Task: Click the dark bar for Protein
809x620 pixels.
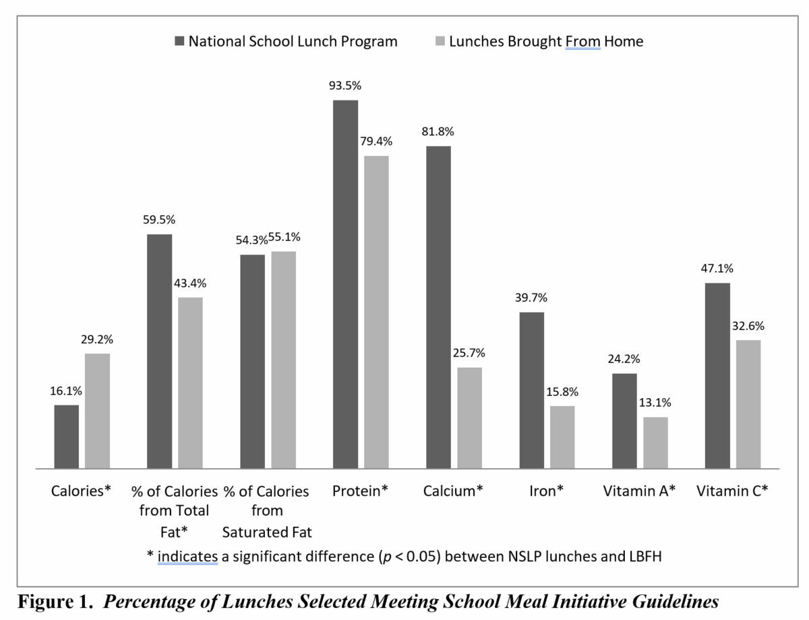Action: click(345, 284)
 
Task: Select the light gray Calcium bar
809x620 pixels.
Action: click(469, 418)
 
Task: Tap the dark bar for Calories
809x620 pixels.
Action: click(66, 436)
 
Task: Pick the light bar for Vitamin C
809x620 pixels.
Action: click(748, 404)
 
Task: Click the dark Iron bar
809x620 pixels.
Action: click(531, 390)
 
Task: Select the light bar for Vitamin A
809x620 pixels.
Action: click(655, 443)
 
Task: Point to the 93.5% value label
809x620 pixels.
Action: click(345, 86)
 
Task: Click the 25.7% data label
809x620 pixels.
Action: click(469, 354)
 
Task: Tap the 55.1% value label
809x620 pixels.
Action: click(284, 237)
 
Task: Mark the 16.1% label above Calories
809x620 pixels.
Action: click(66, 391)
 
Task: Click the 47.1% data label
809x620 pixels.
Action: click(717, 269)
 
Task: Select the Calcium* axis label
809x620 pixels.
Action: click(453, 491)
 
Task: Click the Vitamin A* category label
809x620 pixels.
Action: click(639, 491)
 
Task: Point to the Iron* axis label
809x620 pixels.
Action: click(546, 491)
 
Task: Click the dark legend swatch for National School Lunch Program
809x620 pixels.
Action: click(179, 42)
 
